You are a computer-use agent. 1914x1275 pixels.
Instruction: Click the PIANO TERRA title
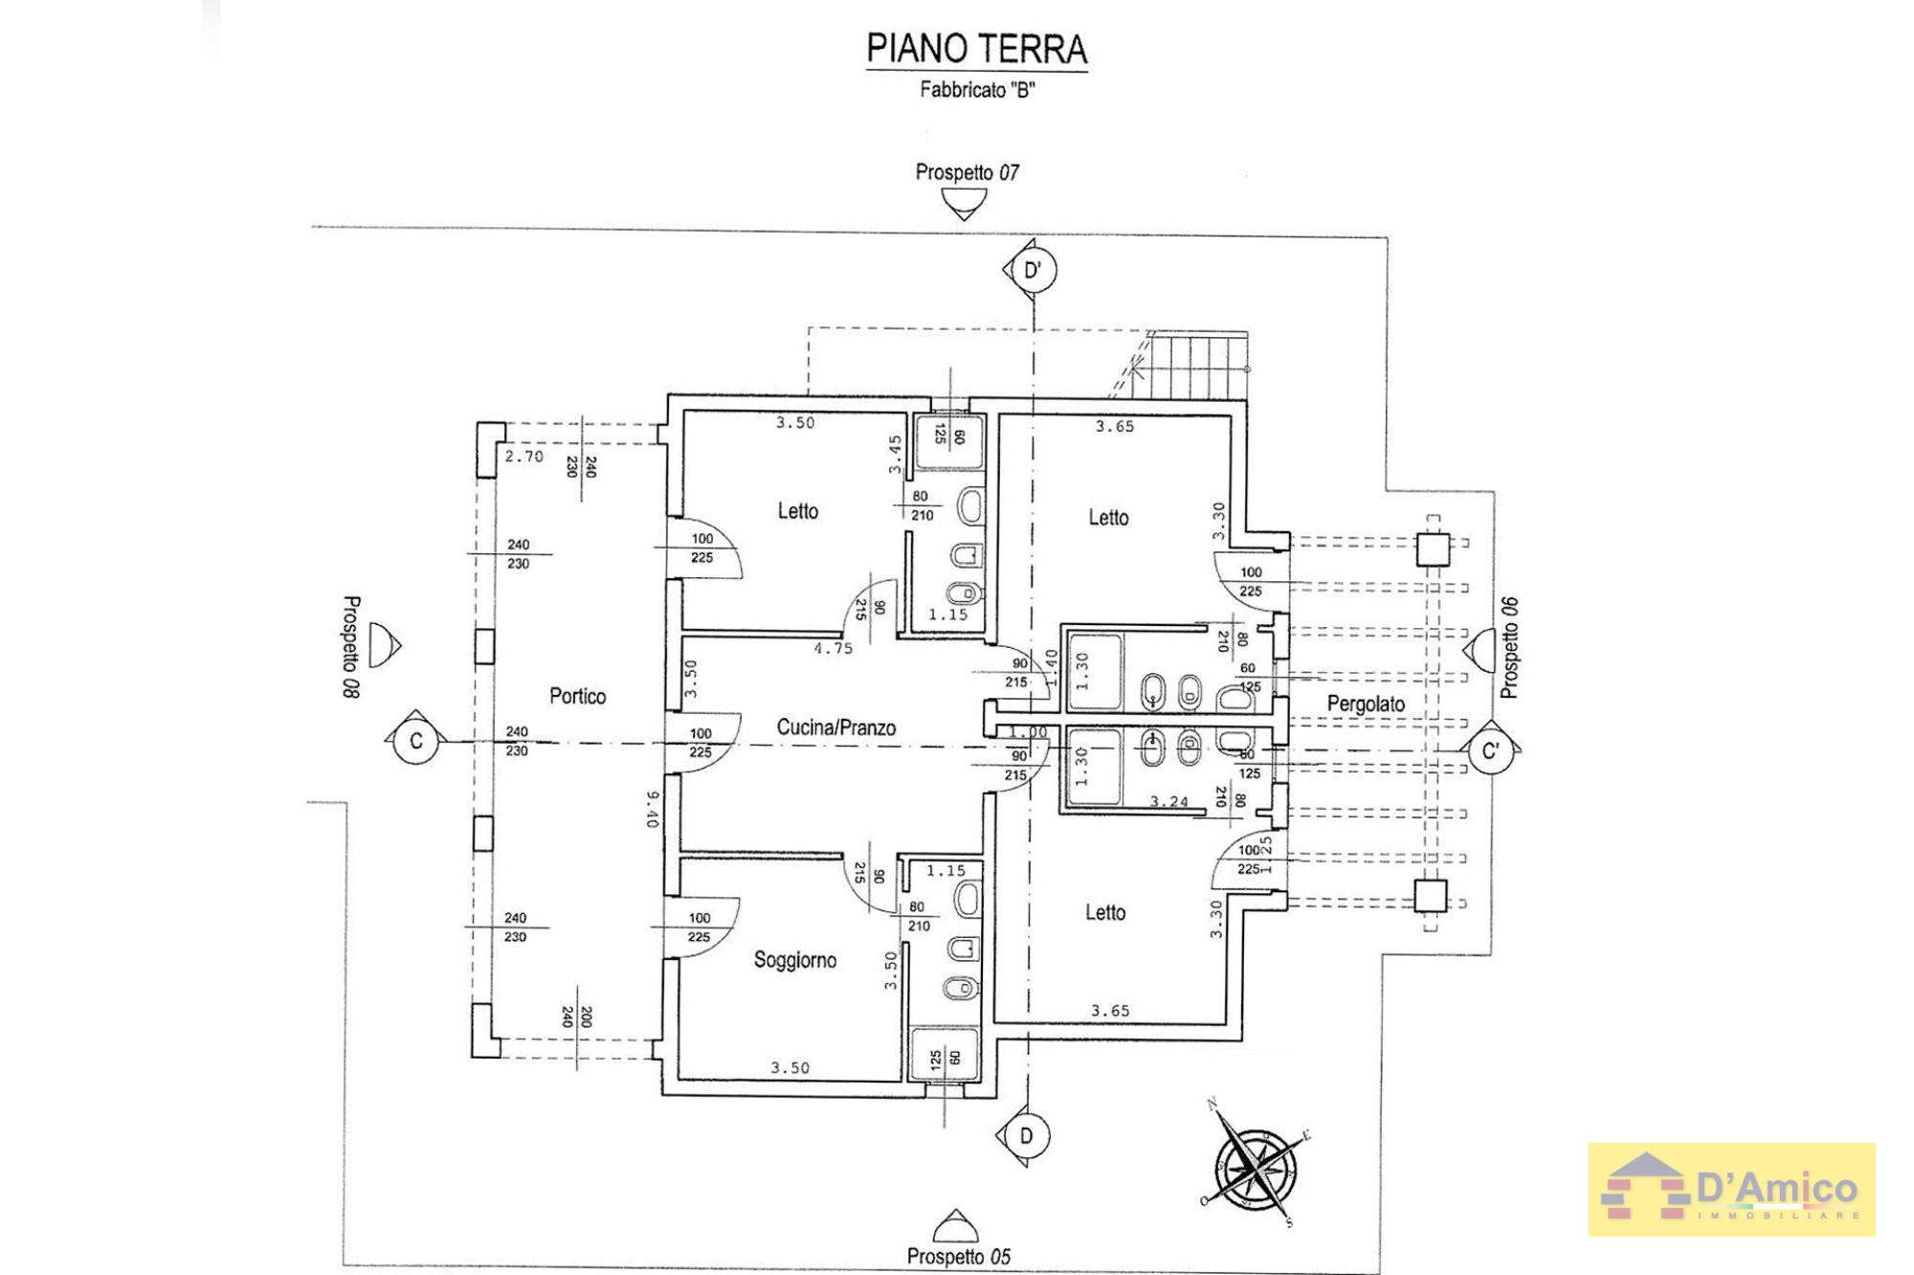click(x=976, y=49)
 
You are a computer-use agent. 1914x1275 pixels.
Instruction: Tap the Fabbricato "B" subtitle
click(x=977, y=90)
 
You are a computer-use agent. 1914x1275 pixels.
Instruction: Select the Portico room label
click(x=577, y=696)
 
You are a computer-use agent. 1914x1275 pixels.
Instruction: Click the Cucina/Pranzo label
click(x=835, y=727)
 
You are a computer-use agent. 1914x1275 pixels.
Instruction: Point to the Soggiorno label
click(x=794, y=960)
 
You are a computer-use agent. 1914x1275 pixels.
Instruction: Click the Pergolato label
click(x=1365, y=704)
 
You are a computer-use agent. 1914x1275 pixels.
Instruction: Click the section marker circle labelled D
click(x=1027, y=1136)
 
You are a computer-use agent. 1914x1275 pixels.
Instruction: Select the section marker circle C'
click(x=1490, y=751)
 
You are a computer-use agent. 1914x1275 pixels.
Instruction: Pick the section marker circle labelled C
click(x=415, y=742)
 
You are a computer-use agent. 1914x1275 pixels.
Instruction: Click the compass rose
click(x=1256, y=1167)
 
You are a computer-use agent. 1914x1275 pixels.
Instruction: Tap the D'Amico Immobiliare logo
click(x=1730, y=1190)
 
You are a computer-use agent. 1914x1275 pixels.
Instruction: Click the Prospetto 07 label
click(x=967, y=172)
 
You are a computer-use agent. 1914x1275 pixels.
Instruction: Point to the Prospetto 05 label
click(x=958, y=1256)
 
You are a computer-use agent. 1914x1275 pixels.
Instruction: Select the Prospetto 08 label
click(x=351, y=646)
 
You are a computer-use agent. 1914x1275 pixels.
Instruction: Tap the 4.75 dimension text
click(x=833, y=648)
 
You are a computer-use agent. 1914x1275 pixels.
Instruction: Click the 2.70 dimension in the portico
click(x=523, y=457)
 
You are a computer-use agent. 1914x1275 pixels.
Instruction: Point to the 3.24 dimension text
click(x=1168, y=801)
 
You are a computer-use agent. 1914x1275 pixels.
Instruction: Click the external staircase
click(x=1192, y=365)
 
